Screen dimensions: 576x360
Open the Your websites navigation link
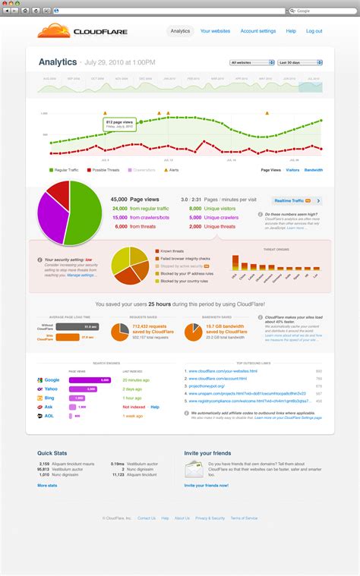215,31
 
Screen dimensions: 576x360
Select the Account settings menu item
258,31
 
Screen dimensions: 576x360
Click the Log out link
314,31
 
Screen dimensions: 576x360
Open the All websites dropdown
251,62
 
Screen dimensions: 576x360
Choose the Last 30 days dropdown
299,62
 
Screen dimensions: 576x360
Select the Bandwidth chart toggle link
313,170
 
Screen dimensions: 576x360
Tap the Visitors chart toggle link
292,170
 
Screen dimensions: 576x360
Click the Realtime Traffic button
292,201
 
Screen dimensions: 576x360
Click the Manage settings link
81,275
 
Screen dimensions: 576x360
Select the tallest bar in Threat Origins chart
235,261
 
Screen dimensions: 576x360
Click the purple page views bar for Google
90,379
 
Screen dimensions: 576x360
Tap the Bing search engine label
51,398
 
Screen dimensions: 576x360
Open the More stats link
47,484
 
